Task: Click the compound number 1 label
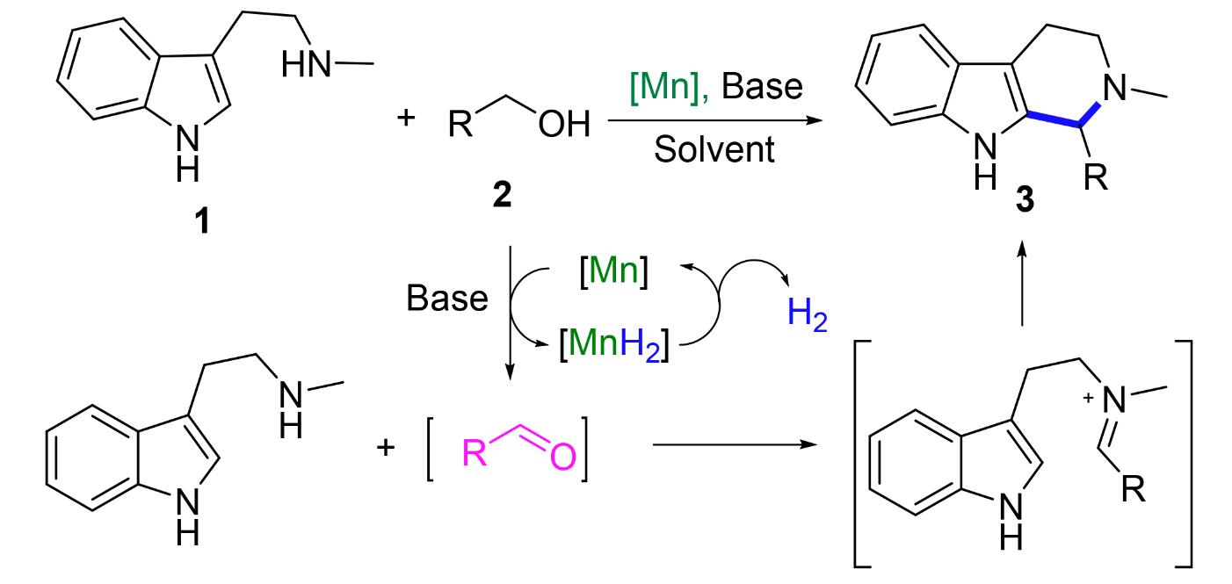(x=203, y=221)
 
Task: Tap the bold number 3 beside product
(x=1024, y=199)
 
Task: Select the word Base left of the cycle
(x=446, y=299)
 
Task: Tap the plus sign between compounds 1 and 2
(x=406, y=116)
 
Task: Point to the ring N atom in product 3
(x=1113, y=85)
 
